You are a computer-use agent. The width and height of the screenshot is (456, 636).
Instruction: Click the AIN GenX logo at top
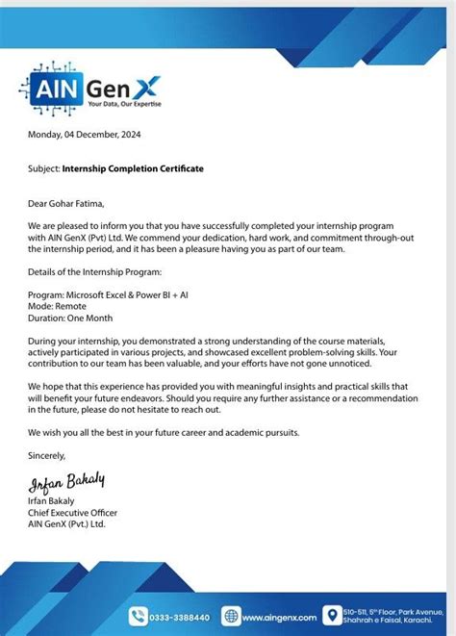(92, 86)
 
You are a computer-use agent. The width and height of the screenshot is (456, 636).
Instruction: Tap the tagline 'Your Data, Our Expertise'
(124, 102)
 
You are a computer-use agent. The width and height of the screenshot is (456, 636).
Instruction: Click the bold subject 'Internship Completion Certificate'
(133, 168)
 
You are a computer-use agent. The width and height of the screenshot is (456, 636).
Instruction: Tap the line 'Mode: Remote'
(58, 306)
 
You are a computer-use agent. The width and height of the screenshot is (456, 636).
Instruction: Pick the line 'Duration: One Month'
(71, 318)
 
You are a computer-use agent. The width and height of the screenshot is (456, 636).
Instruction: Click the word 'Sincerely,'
(47, 455)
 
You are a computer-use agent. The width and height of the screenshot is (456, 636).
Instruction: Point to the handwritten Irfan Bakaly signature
(66, 479)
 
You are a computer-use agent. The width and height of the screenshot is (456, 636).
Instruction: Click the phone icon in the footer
(139, 617)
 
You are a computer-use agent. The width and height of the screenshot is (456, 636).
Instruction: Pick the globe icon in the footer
(231, 617)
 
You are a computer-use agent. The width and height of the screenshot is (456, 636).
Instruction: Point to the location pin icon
(333, 615)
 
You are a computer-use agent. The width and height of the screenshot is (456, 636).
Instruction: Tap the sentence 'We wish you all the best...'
(164, 432)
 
